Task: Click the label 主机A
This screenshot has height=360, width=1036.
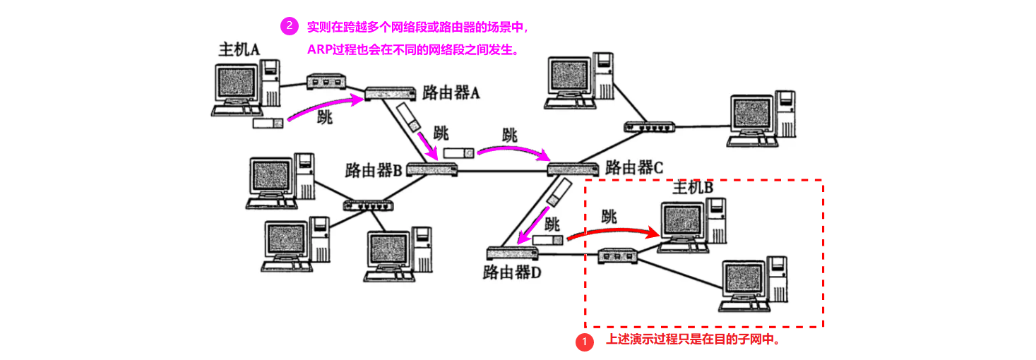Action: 239,49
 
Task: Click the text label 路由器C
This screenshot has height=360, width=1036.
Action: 634,168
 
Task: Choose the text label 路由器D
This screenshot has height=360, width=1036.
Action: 511,272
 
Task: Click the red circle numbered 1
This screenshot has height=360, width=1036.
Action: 584,342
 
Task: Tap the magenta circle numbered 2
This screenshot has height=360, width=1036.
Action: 289,27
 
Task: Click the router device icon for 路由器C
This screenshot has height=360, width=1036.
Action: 573,169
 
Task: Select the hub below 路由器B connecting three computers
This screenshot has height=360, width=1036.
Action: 368,205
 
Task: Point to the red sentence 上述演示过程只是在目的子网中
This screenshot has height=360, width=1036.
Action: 692,340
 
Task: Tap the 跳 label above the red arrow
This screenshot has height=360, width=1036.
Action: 609,215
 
